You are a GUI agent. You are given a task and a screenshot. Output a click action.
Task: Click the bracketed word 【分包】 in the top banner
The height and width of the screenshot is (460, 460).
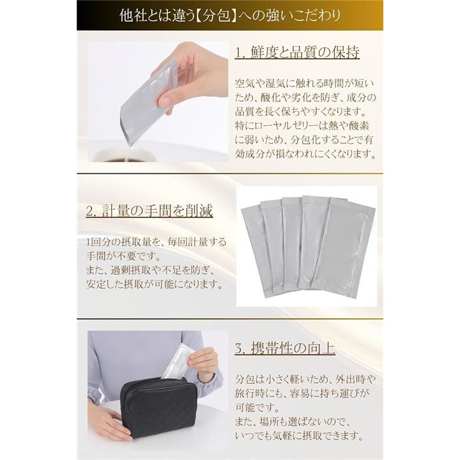[x=216, y=15]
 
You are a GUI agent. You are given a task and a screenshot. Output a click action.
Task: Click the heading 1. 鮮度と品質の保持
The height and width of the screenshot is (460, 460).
[x=297, y=52]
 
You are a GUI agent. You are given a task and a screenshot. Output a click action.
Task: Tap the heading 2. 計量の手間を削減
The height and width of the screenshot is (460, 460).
[x=149, y=211]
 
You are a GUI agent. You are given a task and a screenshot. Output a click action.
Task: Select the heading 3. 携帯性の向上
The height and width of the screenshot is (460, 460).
[x=285, y=349]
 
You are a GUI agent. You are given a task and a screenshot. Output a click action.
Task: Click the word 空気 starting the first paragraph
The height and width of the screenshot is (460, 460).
[x=241, y=83]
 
